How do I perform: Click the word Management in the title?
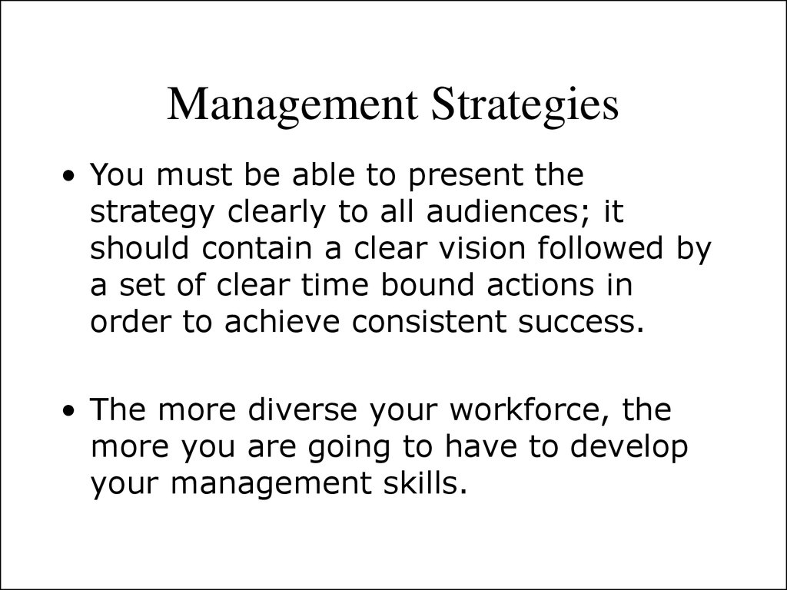pos(292,104)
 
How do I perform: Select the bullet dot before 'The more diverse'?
pos(70,411)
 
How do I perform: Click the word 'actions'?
pos(540,285)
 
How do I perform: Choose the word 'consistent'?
pos(429,322)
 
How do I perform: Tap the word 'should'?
pos(140,247)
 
